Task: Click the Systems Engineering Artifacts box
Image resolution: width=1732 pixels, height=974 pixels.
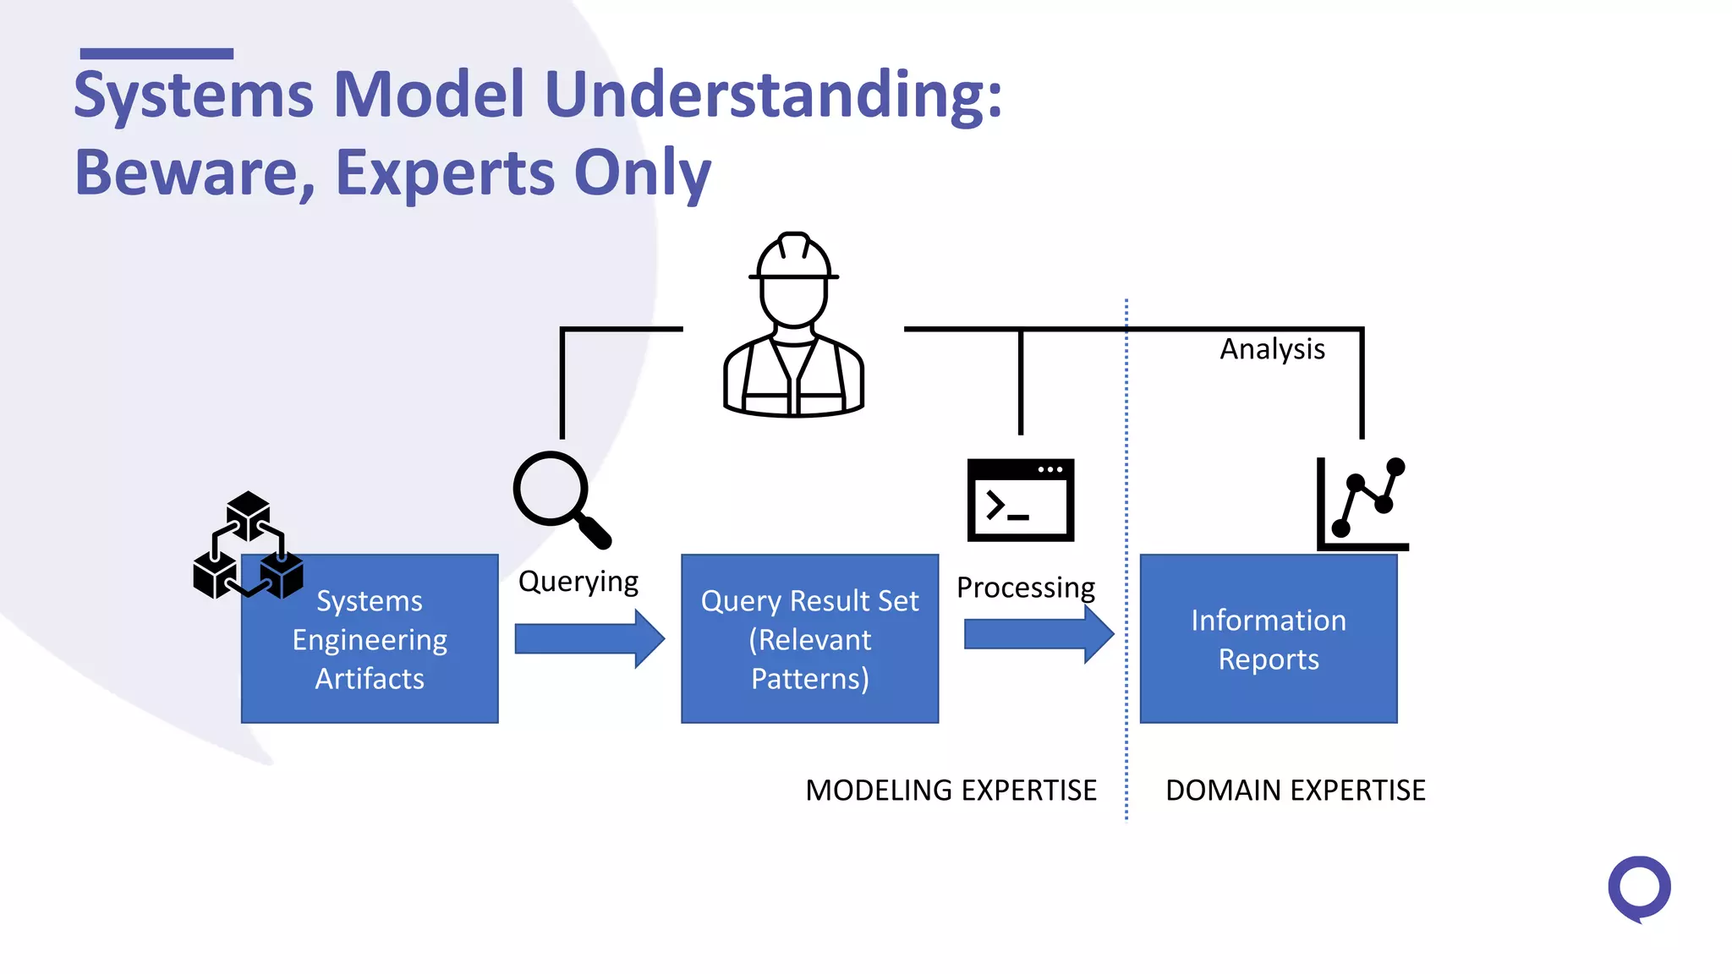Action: [370, 639]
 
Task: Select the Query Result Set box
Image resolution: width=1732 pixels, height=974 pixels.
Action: [809, 639]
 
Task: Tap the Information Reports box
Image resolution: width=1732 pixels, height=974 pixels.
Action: [1268, 639]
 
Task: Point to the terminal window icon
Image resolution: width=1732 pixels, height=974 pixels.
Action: [1020, 500]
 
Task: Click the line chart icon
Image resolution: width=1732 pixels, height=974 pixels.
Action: [1362, 504]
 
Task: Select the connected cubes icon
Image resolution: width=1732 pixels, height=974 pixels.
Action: [247, 545]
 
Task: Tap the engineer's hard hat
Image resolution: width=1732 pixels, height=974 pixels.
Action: [793, 257]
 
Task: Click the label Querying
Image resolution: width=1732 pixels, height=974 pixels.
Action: [578, 582]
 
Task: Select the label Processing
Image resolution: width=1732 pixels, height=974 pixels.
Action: [1025, 587]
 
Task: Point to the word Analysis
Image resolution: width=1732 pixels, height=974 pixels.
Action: [1271, 349]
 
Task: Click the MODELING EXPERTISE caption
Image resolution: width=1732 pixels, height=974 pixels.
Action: [951, 791]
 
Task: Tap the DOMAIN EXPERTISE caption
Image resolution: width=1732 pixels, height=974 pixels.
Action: [1295, 791]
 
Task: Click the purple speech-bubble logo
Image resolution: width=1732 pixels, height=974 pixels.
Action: [1638, 889]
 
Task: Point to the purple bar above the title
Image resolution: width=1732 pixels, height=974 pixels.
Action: [156, 54]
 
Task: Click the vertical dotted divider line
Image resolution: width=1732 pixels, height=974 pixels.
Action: [1126, 558]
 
